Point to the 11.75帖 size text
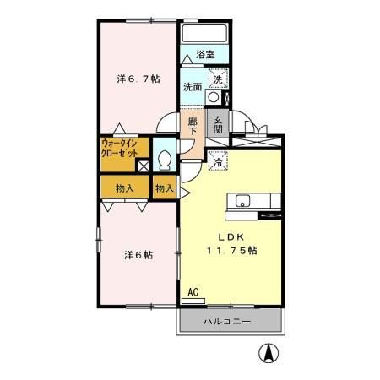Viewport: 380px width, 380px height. [x=231, y=252]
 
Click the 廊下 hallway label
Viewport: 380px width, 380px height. [x=193, y=127]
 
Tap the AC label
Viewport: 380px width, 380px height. [x=193, y=292]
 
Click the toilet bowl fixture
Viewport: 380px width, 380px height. [x=166, y=159]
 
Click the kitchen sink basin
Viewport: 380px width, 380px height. [x=242, y=200]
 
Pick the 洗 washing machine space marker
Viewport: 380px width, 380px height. [x=216, y=79]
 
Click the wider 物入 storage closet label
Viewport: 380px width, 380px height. [x=124, y=187]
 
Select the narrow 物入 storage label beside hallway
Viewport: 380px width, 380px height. [x=165, y=187]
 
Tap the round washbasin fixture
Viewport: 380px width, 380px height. [x=214, y=97]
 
